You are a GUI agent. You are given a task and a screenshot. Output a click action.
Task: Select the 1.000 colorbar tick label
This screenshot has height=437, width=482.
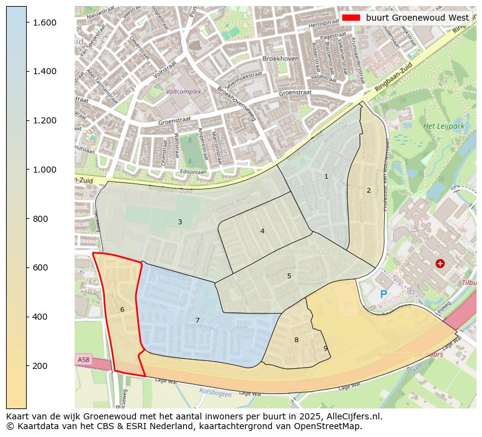[44, 170]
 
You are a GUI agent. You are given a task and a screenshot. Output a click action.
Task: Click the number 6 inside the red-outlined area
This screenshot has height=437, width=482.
[122, 309]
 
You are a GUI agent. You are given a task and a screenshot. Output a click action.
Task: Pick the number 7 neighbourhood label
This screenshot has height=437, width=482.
[197, 320]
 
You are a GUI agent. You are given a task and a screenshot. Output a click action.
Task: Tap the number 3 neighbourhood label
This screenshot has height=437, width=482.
[180, 222]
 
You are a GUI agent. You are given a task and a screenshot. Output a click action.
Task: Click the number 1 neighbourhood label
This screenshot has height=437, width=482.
[326, 176]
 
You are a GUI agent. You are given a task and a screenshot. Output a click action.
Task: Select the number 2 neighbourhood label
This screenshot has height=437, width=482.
[368, 190]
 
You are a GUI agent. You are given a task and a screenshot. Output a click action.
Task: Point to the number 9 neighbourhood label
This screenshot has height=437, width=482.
[325, 348]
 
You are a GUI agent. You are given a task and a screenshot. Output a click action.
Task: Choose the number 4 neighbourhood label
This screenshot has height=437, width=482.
[262, 231]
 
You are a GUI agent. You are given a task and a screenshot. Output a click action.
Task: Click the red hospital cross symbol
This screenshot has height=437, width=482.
[440, 263]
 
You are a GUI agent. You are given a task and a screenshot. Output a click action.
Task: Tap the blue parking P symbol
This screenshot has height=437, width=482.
[383, 294]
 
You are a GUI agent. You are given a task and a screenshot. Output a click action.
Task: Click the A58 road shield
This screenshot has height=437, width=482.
[83, 360]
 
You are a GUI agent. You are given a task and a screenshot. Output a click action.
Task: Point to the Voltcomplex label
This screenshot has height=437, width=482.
[183, 92]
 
